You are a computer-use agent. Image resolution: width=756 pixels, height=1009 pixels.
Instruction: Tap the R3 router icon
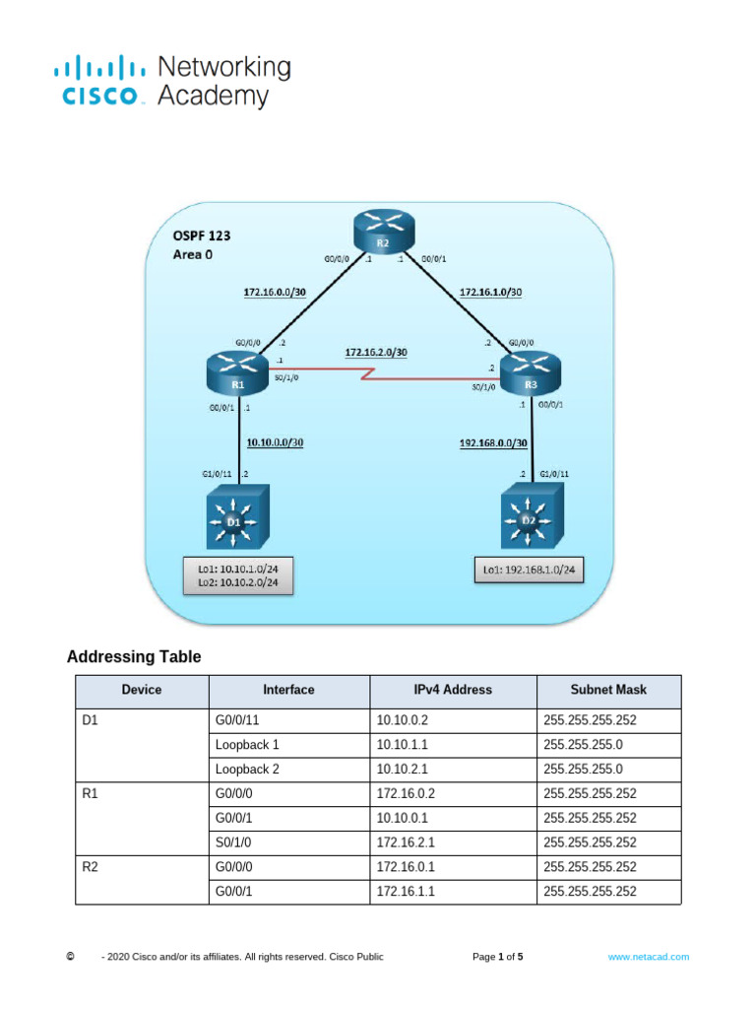tap(530, 374)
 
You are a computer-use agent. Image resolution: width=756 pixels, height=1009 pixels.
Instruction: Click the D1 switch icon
tap(234, 519)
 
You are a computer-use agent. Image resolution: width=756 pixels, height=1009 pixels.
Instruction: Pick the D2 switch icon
tap(529, 519)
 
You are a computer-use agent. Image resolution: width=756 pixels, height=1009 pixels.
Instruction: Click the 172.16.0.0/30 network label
tap(274, 292)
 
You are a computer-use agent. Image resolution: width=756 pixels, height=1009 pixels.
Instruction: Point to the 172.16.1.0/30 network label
tap(490, 292)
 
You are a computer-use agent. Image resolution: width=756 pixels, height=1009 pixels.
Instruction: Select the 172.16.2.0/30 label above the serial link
tap(375, 352)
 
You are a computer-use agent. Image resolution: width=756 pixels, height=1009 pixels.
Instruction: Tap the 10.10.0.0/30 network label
tap(274, 442)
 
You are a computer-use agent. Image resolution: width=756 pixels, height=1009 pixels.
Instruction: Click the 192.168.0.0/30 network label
tap(494, 442)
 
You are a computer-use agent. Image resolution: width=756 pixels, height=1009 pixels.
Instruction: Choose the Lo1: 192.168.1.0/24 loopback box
tap(529, 570)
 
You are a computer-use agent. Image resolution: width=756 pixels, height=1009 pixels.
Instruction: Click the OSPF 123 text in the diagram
tap(202, 236)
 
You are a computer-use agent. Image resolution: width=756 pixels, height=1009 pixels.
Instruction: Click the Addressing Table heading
tap(133, 657)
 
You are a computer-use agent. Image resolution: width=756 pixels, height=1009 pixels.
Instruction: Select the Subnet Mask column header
tap(607, 690)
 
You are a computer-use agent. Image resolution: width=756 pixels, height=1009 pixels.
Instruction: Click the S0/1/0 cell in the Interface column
tap(234, 842)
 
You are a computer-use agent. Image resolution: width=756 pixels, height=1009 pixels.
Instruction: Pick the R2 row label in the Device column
tap(91, 867)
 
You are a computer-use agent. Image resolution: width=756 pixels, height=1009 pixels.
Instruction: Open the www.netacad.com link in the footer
tap(648, 956)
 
